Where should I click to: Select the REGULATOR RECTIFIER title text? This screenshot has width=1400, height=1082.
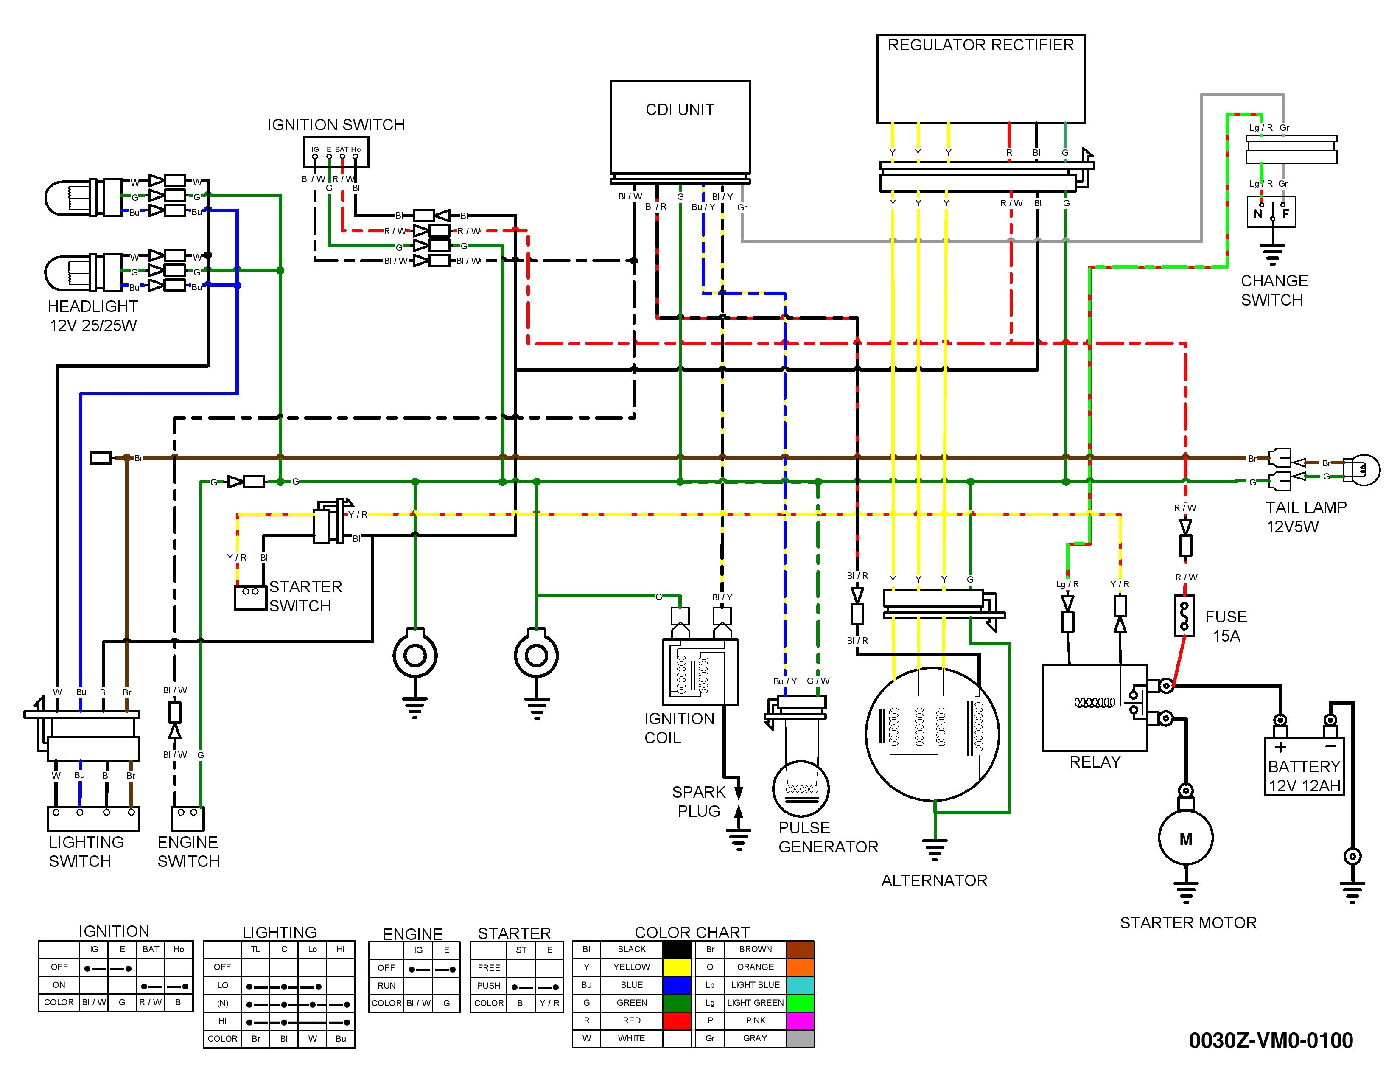point(980,45)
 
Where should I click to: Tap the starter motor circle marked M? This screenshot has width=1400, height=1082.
point(1185,838)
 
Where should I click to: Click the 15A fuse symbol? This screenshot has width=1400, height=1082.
point(1184,615)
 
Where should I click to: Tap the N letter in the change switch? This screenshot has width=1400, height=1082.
point(1258,213)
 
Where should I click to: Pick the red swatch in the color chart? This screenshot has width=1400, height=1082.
point(676,1020)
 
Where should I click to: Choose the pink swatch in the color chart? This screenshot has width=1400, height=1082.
point(800,1020)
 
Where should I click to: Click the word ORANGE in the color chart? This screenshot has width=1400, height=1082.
point(755,967)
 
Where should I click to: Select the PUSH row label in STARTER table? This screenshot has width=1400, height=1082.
point(488,986)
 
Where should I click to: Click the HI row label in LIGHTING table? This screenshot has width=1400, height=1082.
point(222,1021)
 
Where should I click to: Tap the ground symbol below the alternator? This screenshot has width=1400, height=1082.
point(935,849)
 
